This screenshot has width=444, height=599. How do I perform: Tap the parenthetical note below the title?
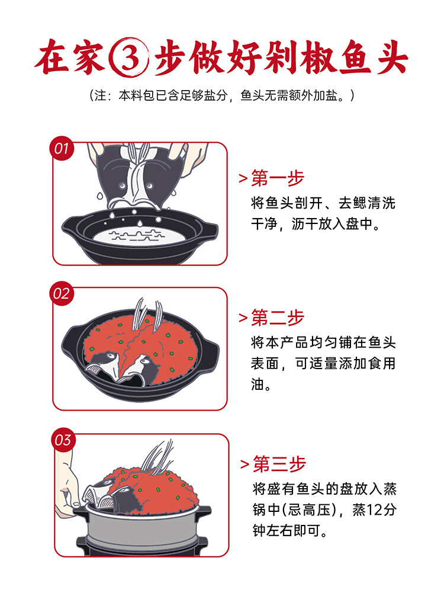221,95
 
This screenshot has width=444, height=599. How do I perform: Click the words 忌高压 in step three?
313,510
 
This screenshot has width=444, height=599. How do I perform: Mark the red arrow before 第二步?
243,319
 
